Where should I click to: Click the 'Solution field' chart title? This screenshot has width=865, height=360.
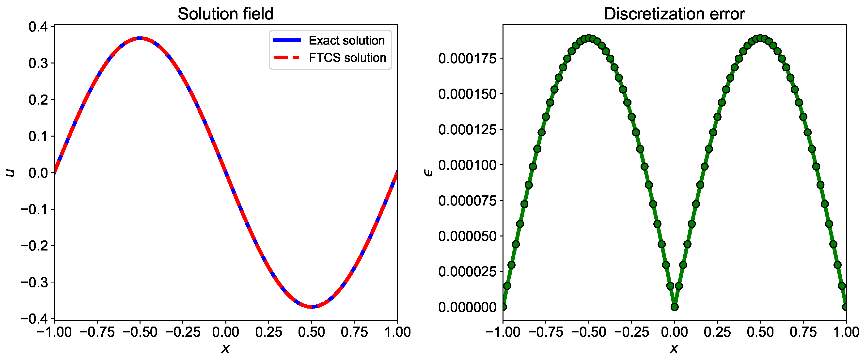click(x=225, y=14)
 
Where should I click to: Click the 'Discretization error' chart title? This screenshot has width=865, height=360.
click(x=674, y=14)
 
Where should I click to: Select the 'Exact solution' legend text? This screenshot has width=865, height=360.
click(x=346, y=41)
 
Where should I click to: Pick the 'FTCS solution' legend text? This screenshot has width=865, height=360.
click(x=347, y=58)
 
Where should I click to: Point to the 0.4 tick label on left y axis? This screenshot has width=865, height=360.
click(x=38, y=27)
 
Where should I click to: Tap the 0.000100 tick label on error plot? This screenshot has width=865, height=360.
click(x=467, y=165)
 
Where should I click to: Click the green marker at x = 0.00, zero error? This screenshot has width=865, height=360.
click(x=674, y=307)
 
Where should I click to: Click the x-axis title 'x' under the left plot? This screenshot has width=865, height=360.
click(x=225, y=348)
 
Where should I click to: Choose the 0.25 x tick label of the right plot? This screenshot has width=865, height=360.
click(x=717, y=332)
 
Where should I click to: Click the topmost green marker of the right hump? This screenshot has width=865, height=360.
click(x=760, y=38)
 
